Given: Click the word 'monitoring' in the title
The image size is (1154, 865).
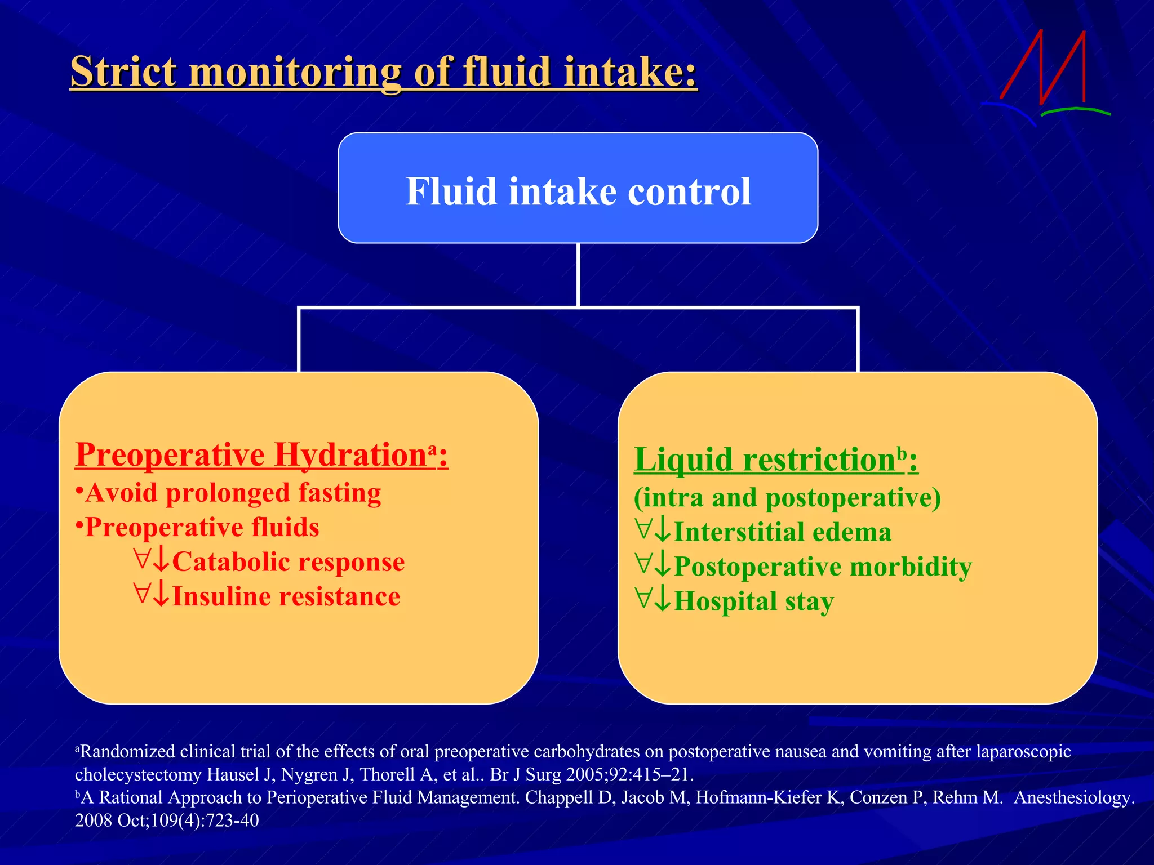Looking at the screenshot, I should pos(295,73).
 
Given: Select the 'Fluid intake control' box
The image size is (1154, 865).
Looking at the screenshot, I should pos(578,189).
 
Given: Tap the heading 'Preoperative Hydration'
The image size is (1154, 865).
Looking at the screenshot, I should pos(251,455).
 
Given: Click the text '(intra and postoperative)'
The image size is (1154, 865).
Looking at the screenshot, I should pos(787,498).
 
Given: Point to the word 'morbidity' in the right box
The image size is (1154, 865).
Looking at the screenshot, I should pos(911,567).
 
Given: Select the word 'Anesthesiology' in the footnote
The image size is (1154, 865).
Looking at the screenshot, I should pos(1072,797).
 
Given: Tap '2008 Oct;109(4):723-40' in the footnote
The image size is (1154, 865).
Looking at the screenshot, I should pos(167,821).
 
